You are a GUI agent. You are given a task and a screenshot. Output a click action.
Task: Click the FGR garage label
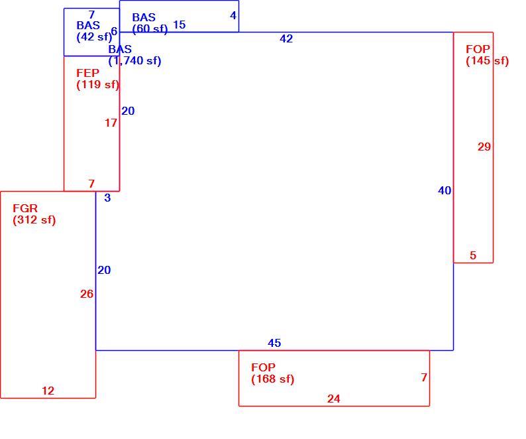(25, 208)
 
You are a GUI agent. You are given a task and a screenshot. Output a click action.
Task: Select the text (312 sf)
(34, 220)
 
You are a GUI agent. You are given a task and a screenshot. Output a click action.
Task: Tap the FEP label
(88, 73)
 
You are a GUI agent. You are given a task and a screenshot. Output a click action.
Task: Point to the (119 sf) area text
(97, 84)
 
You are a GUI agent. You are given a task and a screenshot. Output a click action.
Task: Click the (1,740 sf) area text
(134, 61)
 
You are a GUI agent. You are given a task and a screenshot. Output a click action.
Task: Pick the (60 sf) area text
(150, 29)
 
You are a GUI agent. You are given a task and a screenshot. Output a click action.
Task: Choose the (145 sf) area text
(488, 61)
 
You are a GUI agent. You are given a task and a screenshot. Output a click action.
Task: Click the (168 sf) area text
(273, 379)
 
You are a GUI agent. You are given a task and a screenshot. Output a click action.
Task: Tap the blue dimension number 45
(274, 343)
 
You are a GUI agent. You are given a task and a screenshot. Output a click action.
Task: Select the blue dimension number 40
(445, 191)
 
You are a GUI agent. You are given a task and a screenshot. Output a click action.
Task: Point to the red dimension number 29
(484, 147)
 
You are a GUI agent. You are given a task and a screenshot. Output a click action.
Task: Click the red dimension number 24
(334, 399)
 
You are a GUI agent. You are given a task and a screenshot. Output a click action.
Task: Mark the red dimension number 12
(48, 391)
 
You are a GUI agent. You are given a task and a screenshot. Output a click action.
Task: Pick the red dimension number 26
(87, 294)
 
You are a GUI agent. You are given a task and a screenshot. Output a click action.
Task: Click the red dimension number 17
(111, 123)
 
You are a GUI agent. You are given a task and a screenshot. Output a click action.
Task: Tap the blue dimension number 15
(179, 25)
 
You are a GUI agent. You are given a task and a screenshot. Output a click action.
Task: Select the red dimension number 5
(473, 255)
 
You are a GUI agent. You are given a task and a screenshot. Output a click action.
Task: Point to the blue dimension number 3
(107, 198)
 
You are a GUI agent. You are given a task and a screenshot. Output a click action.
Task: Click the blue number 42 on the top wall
(286, 38)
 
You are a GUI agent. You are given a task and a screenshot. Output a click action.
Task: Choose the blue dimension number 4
(233, 15)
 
